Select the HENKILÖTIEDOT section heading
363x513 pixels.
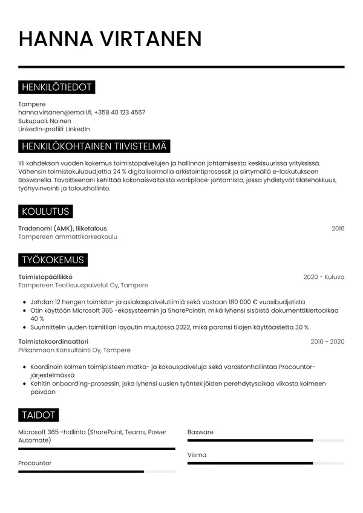coord(57,88)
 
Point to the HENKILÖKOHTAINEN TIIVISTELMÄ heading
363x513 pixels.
coord(95,146)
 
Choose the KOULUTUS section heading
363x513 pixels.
coord(45,211)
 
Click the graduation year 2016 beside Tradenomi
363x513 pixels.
coord(338,228)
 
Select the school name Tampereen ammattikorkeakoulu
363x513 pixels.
coord(68,237)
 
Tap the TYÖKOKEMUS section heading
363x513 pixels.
coord(53,260)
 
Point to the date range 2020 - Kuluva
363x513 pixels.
coord(324,276)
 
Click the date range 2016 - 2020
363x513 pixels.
coord(327,342)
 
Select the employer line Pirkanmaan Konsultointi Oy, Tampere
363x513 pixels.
coord(74,350)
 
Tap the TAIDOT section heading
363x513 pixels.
coord(39,415)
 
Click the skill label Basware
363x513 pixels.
coord(200,433)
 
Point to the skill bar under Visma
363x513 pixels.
coord(250,463)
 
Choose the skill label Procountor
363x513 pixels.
coord(35,463)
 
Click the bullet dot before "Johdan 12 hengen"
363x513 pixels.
coord(24,301)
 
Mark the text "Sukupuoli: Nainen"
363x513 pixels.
coord(45,121)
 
